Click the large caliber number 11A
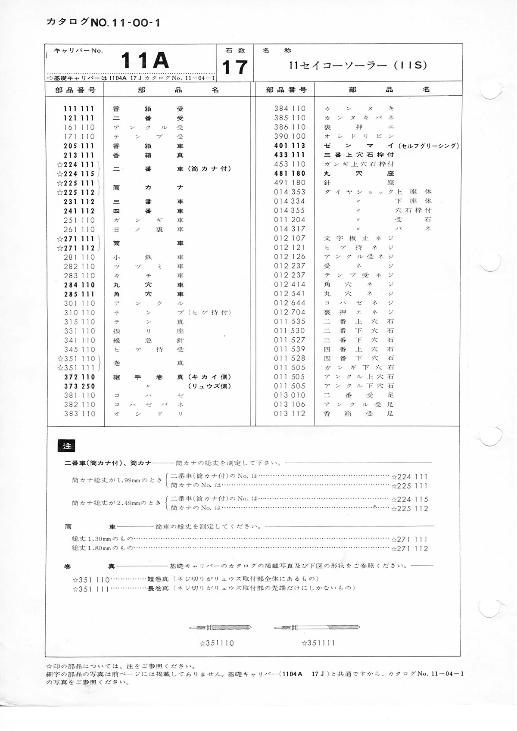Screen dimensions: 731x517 (x=145, y=61)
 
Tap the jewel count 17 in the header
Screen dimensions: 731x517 (x=235, y=67)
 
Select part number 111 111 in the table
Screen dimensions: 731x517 (x=79, y=109)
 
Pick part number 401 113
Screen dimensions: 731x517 (x=290, y=146)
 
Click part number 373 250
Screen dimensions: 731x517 (x=79, y=386)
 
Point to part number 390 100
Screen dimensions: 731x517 (x=290, y=136)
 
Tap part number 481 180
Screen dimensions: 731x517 (x=290, y=174)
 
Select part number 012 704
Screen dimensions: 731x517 (x=290, y=312)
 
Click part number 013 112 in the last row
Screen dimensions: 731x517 (x=290, y=414)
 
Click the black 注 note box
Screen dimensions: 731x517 (x=67, y=446)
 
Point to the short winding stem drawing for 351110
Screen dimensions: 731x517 (x=220, y=627)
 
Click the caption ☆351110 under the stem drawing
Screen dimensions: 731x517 (x=217, y=643)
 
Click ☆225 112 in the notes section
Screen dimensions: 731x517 (x=410, y=509)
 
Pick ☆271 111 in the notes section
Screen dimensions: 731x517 (x=410, y=539)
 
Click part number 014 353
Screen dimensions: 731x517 (x=290, y=192)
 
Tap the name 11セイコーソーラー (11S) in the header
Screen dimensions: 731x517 (x=358, y=65)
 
